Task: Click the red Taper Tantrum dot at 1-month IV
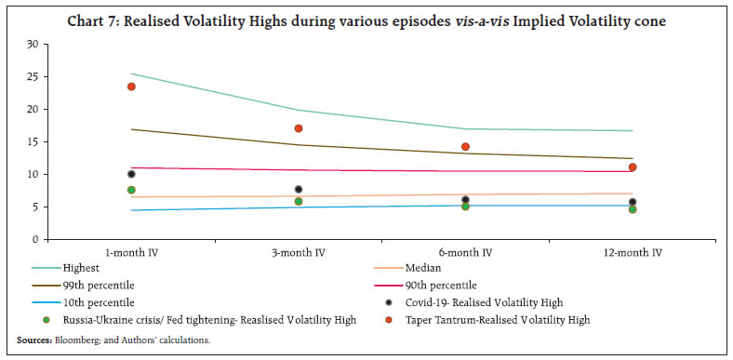(x=131, y=87)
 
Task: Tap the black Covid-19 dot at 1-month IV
(x=131, y=174)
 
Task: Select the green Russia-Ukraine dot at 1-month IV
(x=131, y=190)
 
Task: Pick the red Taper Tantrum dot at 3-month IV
(x=299, y=128)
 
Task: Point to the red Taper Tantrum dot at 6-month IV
(x=465, y=146)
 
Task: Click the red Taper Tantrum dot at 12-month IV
(x=633, y=167)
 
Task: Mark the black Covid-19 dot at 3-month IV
(x=299, y=190)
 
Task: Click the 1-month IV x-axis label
(x=131, y=253)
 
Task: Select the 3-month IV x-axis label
(x=299, y=253)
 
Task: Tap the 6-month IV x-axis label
(x=465, y=253)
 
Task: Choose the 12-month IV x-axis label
(x=633, y=253)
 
